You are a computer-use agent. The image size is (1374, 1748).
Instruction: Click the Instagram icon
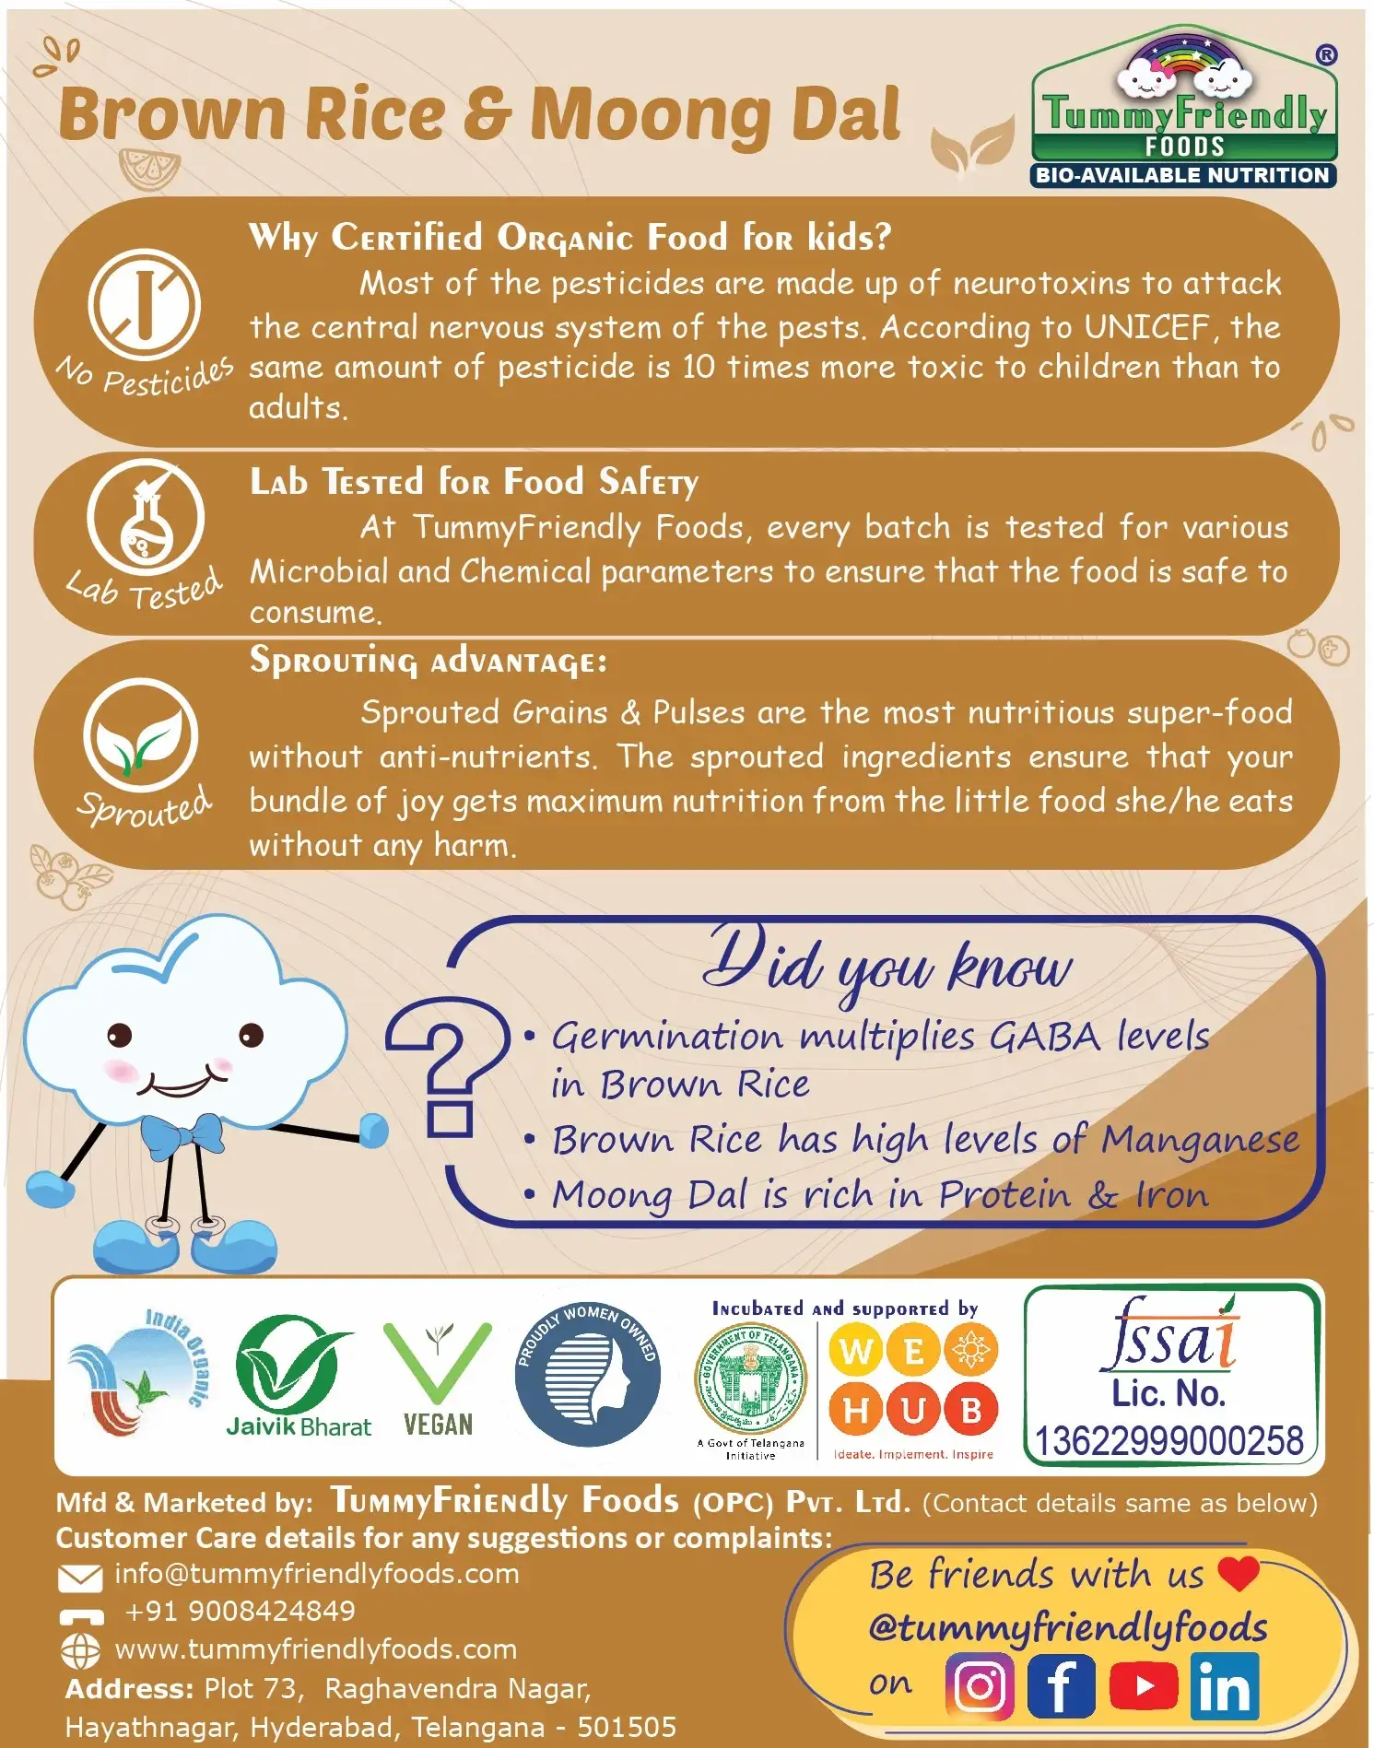(980, 1686)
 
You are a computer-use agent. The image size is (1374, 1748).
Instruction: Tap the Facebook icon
(1061, 1686)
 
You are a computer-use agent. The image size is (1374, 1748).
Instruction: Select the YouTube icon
(1144, 1686)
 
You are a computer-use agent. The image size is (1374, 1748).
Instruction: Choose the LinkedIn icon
(1225, 1686)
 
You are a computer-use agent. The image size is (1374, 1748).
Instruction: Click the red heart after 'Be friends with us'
(1238, 1573)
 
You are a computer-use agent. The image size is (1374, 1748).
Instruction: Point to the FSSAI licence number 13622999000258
(1169, 1441)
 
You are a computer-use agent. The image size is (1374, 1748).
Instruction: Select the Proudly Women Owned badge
(588, 1374)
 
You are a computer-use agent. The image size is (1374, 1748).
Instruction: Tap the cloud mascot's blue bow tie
(182, 1132)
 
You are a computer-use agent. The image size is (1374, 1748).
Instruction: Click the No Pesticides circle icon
(145, 305)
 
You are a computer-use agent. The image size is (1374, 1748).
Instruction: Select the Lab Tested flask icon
(146, 516)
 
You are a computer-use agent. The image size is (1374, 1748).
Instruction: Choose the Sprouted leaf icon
(141, 734)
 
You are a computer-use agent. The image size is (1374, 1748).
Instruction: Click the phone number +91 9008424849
(240, 1611)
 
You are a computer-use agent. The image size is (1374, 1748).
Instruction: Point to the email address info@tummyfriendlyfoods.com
(317, 1573)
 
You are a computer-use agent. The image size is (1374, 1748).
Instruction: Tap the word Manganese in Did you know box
(1200, 1141)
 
